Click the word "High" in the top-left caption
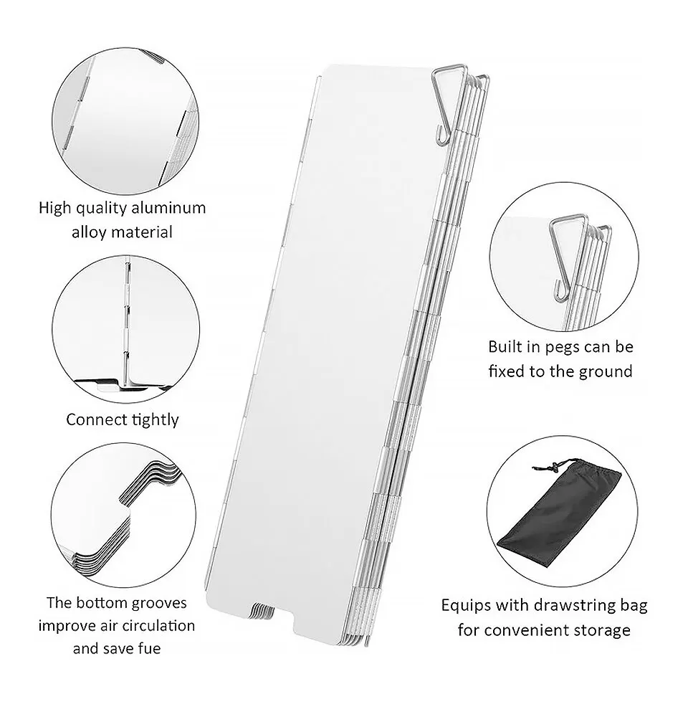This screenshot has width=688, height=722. point(54,208)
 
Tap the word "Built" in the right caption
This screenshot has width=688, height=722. point(506,347)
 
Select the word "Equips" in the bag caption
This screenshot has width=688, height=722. point(467,607)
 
